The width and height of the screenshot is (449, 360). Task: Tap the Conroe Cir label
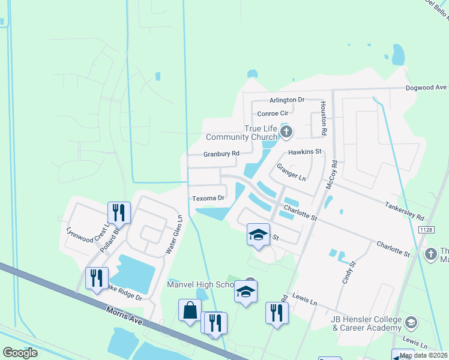coord(273,113)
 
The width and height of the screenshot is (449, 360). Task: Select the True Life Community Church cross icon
coord(286,131)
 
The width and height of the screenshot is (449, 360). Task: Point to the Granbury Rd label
coord(221,154)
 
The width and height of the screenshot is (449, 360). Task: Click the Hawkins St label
coord(305,152)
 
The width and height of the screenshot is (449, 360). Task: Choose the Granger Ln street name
coord(291,173)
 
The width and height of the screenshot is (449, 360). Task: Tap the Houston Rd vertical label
coord(323,118)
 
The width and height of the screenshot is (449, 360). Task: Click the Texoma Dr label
coord(208,197)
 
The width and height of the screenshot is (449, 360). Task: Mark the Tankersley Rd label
coord(404,211)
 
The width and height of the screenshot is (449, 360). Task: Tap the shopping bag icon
coord(190,310)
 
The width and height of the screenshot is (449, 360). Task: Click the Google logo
coord(20,353)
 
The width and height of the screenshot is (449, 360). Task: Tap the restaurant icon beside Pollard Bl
coord(118,212)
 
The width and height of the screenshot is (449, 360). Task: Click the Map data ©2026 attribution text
coord(423,355)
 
